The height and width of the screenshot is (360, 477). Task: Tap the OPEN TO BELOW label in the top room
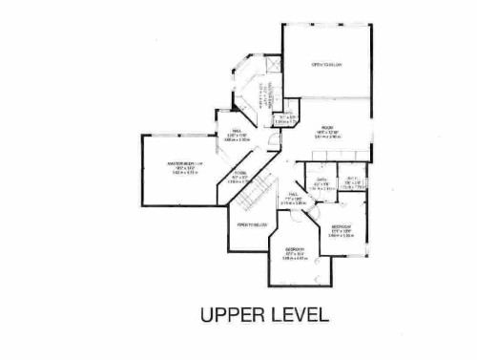pyautogui.click(x=326, y=65)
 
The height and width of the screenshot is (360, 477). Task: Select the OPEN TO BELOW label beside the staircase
pyautogui.click(x=249, y=224)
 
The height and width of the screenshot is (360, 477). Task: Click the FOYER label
pyautogui.click(x=241, y=173)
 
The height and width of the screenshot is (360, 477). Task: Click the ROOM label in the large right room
pyautogui.click(x=325, y=127)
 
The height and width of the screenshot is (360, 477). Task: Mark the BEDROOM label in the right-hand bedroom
pyautogui.click(x=342, y=225)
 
